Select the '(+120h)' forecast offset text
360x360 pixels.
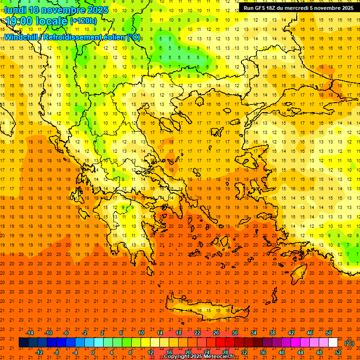click(x=83, y=21)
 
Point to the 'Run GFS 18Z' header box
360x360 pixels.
click(x=298, y=7)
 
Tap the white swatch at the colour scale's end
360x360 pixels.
click(x=333, y=343)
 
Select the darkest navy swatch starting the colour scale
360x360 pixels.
click(x=23, y=343)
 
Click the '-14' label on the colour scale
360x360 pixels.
click(x=30, y=333)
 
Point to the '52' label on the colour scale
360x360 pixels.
click(x=338, y=352)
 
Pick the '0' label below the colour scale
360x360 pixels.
click(x=93, y=352)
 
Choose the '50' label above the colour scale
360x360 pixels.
click(x=329, y=333)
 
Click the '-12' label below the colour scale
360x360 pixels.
click(x=39, y=352)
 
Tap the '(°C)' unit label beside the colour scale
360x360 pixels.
click(x=349, y=343)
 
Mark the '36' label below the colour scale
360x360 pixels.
click(x=263, y=352)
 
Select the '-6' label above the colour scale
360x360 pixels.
click(x=66, y=333)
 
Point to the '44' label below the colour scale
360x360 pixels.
click(x=300, y=352)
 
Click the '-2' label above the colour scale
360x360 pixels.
click(x=84, y=333)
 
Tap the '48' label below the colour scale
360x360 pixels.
click(x=319, y=352)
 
